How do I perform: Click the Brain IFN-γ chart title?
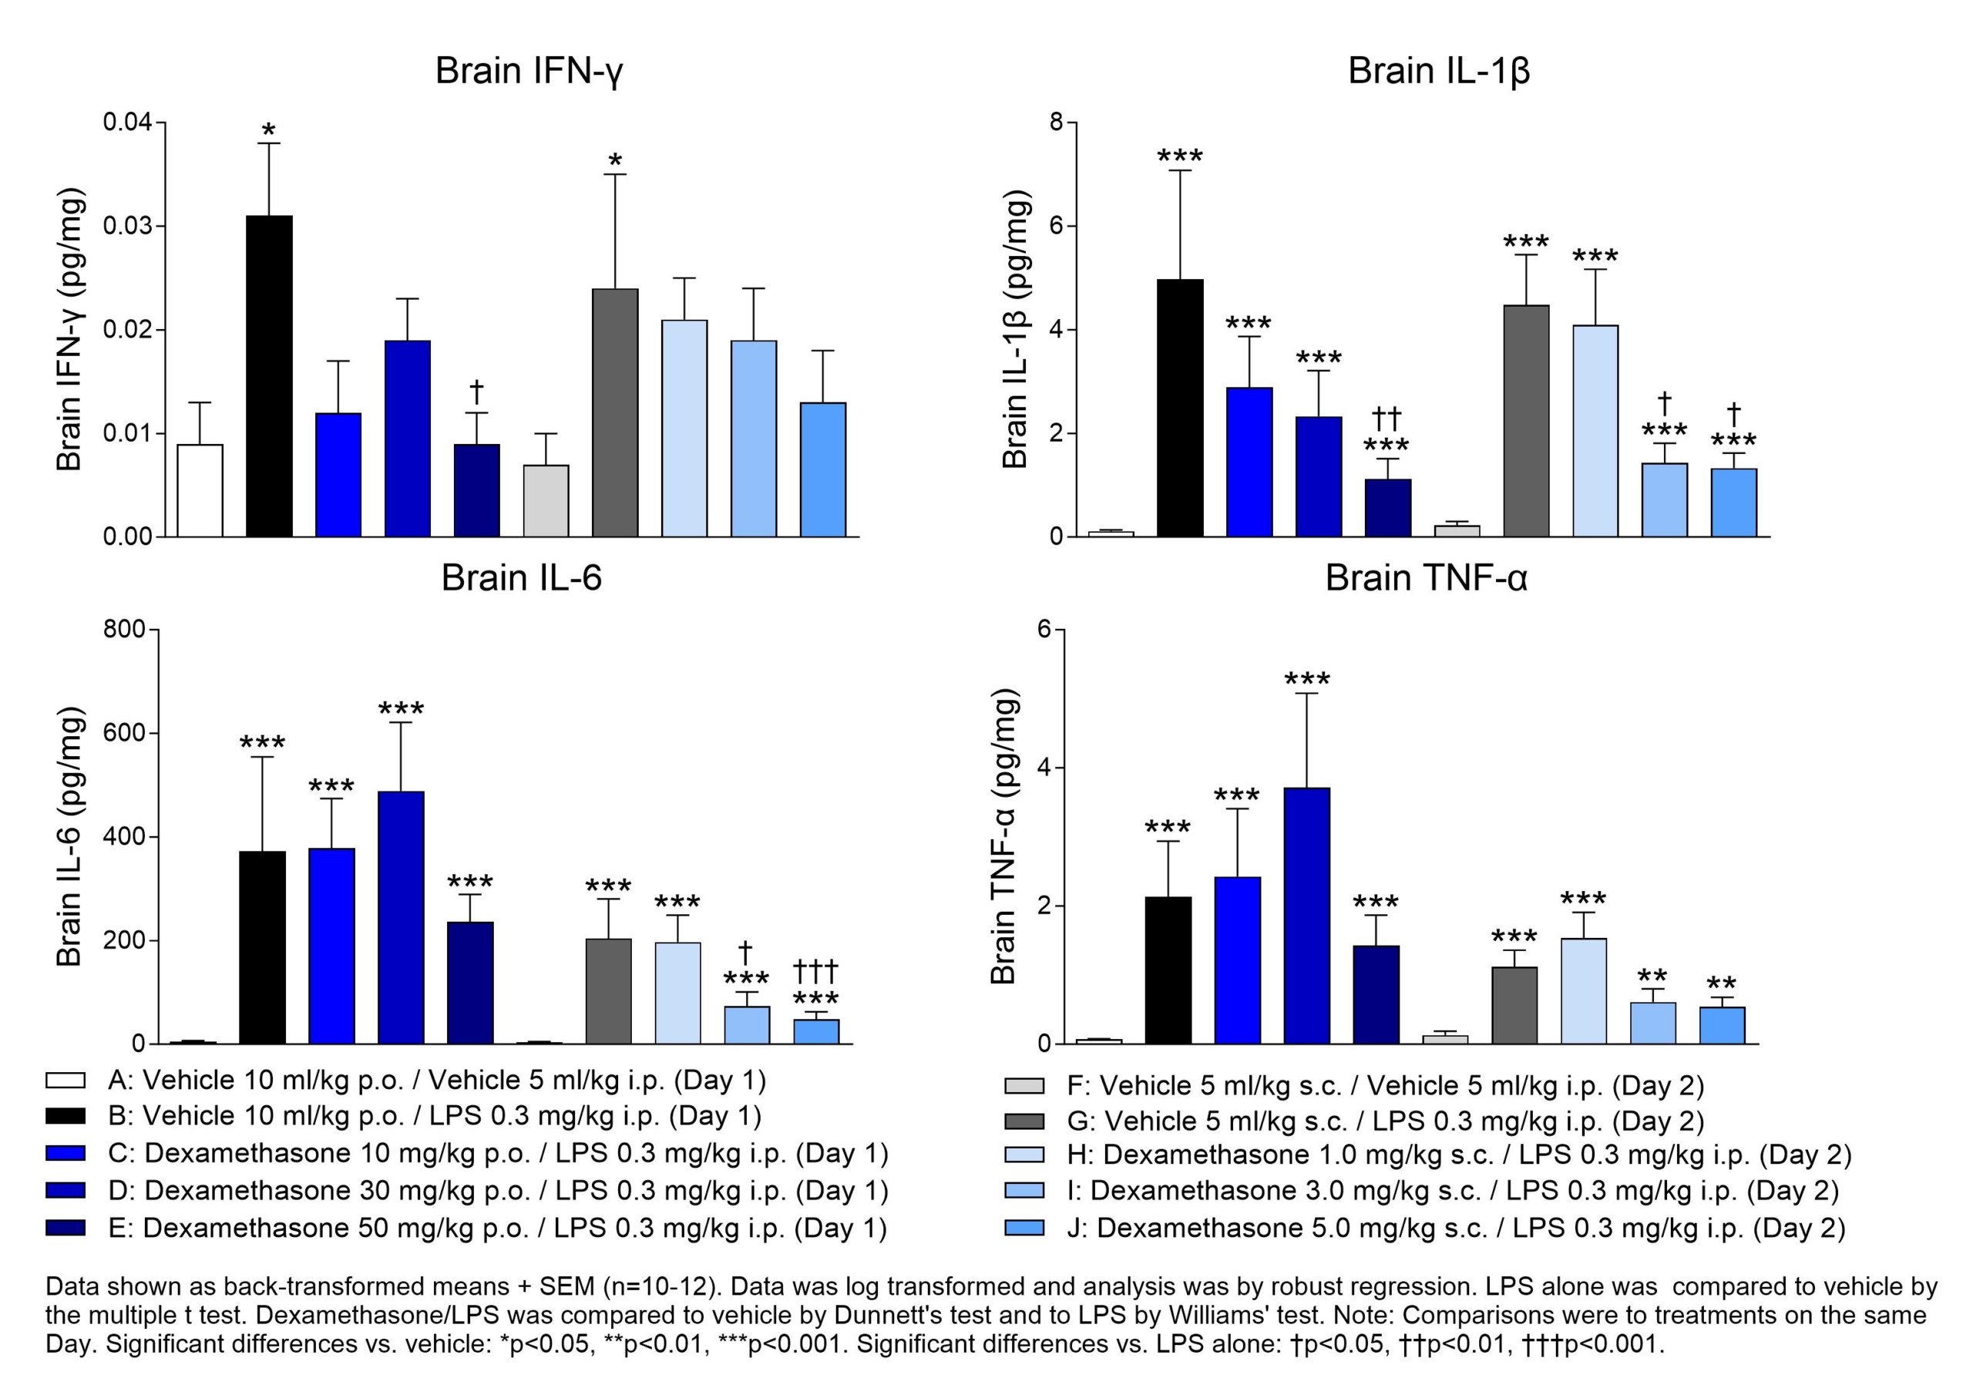(529, 70)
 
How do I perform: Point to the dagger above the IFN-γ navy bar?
(477, 392)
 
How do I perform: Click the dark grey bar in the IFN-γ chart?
(615, 412)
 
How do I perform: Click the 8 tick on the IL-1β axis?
(1056, 123)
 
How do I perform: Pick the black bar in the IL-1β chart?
(1180, 408)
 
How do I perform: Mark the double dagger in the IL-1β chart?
(1386, 419)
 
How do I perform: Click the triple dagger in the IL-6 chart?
(815, 972)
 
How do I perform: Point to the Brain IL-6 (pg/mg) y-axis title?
(69, 837)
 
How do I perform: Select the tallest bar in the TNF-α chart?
(1307, 915)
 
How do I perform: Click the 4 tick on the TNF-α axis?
(1044, 768)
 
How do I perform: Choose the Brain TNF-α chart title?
(1426, 578)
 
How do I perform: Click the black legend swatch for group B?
(66, 1116)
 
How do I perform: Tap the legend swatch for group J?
(1024, 1228)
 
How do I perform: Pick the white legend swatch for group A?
(66, 1080)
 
